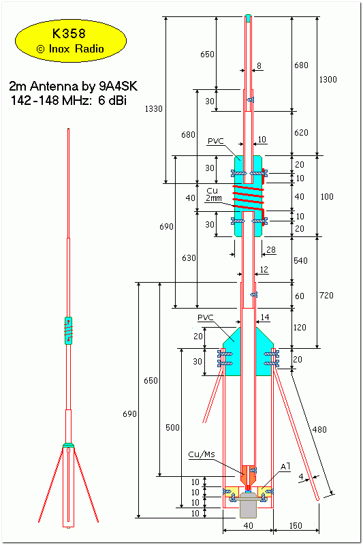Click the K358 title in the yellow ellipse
click(69, 33)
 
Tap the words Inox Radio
click(76, 48)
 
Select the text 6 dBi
click(112, 100)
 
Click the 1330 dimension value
click(153, 109)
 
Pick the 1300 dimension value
click(328, 80)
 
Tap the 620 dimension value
click(301, 132)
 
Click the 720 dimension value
click(326, 296)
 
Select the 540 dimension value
click(300, 261)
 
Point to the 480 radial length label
click(319, 430)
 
